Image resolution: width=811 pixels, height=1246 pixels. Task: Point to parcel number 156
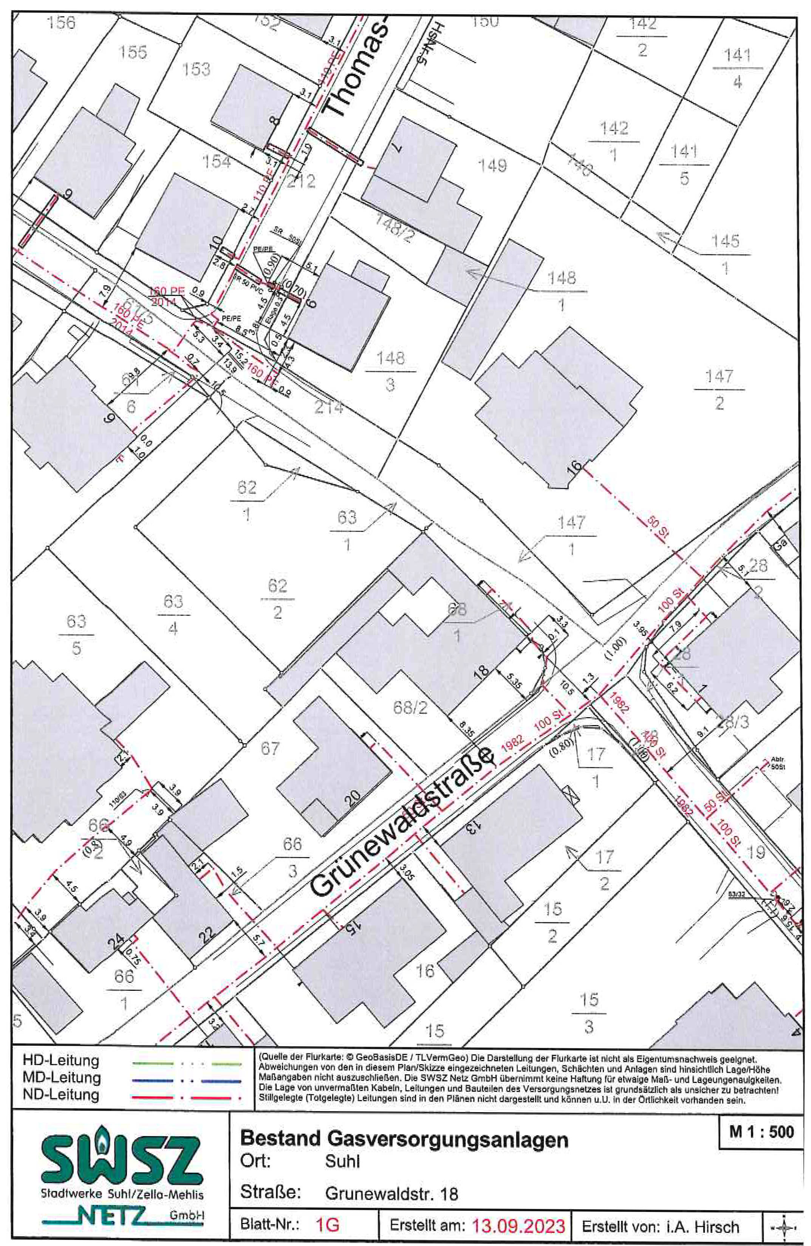click(61, 23)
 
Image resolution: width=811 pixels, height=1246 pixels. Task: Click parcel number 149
click(492, 166)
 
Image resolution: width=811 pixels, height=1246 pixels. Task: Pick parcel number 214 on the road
click(328, 406)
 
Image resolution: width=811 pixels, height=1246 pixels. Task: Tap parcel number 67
click(269, 748)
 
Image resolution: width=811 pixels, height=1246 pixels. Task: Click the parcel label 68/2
click(410, 707)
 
